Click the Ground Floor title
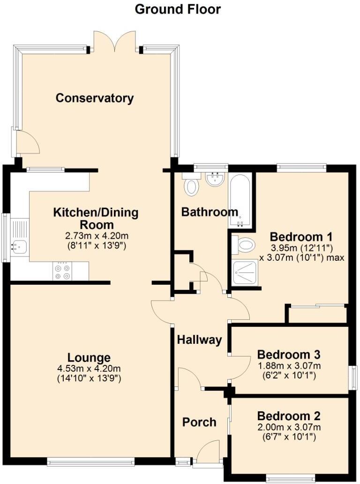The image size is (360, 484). (x=178, y=9)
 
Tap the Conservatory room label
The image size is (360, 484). (x=95, y=98)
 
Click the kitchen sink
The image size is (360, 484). (x=18, y=244)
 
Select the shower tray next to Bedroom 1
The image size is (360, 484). (x=245, y=272)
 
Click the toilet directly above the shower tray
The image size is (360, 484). (x=244, y=244)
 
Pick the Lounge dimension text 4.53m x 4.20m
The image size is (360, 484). (x=89, y=368)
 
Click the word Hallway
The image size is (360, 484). (x=199, y=340)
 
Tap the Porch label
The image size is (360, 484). (x=199, y=422)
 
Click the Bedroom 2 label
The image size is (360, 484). (x=288, y=416)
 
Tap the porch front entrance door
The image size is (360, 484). (x=208, y=453)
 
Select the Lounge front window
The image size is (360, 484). (x=90, y=462)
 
